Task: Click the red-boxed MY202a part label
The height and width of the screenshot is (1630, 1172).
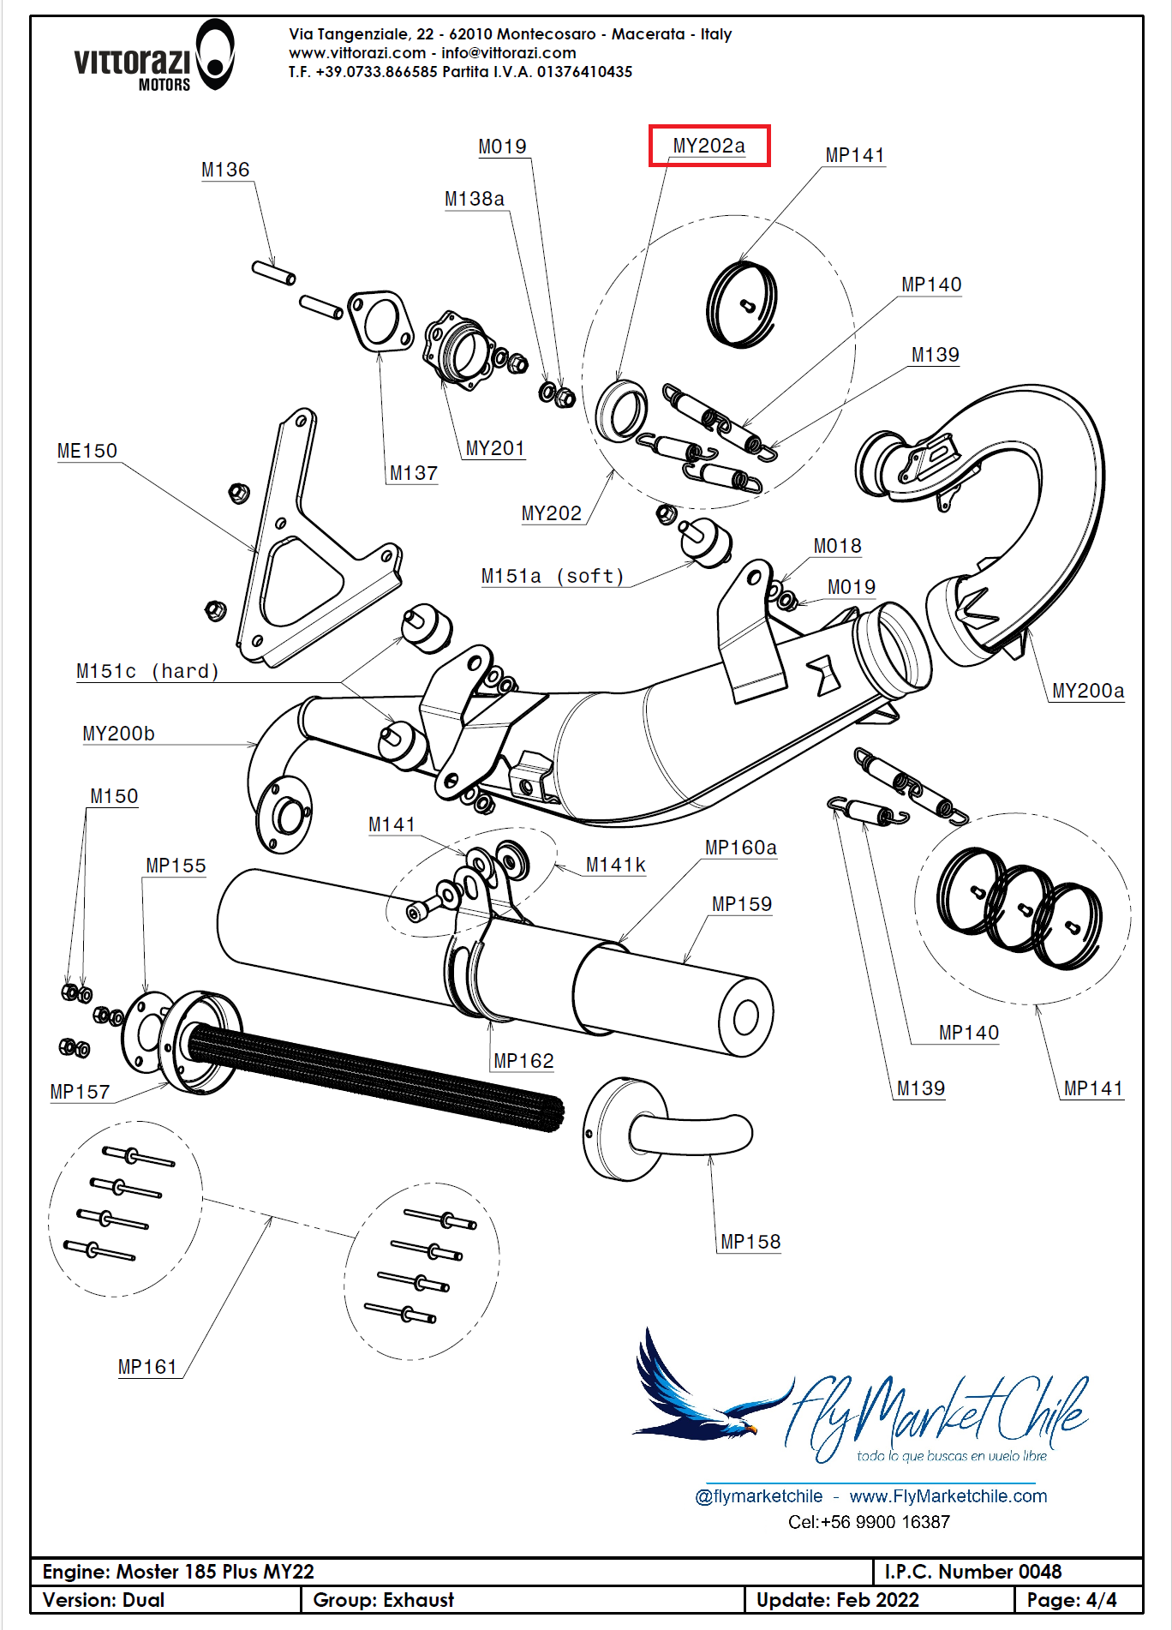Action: coord(709,146)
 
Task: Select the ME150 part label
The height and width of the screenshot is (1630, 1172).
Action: coord(87,451)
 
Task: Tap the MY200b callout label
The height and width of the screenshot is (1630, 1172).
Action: coord(118,734)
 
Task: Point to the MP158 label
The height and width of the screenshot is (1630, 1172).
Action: coord(750,1242)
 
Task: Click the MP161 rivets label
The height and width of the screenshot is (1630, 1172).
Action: coord(147,1367)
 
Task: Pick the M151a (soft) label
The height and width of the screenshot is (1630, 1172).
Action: coord(553,576)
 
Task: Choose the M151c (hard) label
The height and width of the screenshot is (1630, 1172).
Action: coord(147,671)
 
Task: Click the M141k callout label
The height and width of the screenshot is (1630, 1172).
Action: coord(615,866)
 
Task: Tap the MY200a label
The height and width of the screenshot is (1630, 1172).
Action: coord(1087,691)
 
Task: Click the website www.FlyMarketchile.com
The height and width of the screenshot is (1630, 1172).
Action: coord(948,1496)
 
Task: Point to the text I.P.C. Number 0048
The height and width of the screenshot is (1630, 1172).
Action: coord(972,1572)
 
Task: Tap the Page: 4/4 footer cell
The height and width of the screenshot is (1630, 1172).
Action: coord(1072,1600)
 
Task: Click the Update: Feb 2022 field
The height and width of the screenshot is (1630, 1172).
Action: coord(837,1600)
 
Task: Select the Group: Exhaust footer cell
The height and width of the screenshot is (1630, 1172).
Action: coord(383,1600)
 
